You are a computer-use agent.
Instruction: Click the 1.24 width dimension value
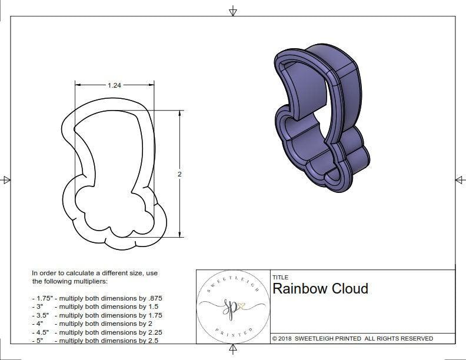(x=115, y=85)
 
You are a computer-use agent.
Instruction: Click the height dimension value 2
(x=179, y=174)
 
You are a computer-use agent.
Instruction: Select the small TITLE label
(x=280, y=278)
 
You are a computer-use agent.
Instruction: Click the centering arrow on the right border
(x=459, y=179)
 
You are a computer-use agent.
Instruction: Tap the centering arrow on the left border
(x=6, y=179)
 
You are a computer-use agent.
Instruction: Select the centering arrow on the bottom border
(x=233, y=351)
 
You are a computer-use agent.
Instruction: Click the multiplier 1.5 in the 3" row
(x=151, y=306)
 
